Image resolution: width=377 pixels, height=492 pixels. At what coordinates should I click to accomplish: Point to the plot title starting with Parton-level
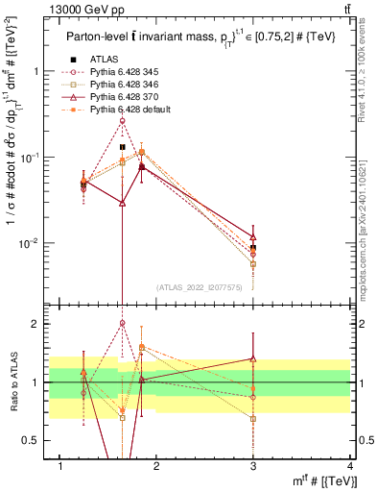[196, 36]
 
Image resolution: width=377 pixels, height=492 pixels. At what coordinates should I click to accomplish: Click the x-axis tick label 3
[253, 467]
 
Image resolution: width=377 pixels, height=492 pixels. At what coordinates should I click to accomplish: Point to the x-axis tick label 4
[350, 467]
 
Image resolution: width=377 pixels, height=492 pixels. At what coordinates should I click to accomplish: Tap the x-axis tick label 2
[156, 467]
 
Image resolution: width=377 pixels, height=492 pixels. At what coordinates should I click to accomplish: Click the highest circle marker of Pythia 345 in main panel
[122, 120]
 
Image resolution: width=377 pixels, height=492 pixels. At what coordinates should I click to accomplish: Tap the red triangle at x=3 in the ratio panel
[253, 358]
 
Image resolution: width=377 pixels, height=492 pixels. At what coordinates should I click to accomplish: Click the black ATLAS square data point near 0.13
[122, 147]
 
